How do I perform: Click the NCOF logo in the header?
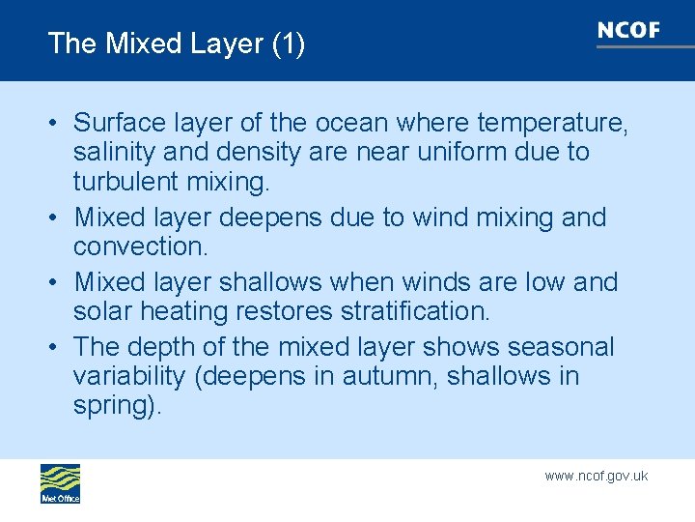pos(628,31)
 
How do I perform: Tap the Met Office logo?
pos(60,483)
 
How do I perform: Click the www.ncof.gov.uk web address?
pos(596,476)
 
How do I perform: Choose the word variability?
pos(130,376)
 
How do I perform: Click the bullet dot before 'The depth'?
pos(57,347)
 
